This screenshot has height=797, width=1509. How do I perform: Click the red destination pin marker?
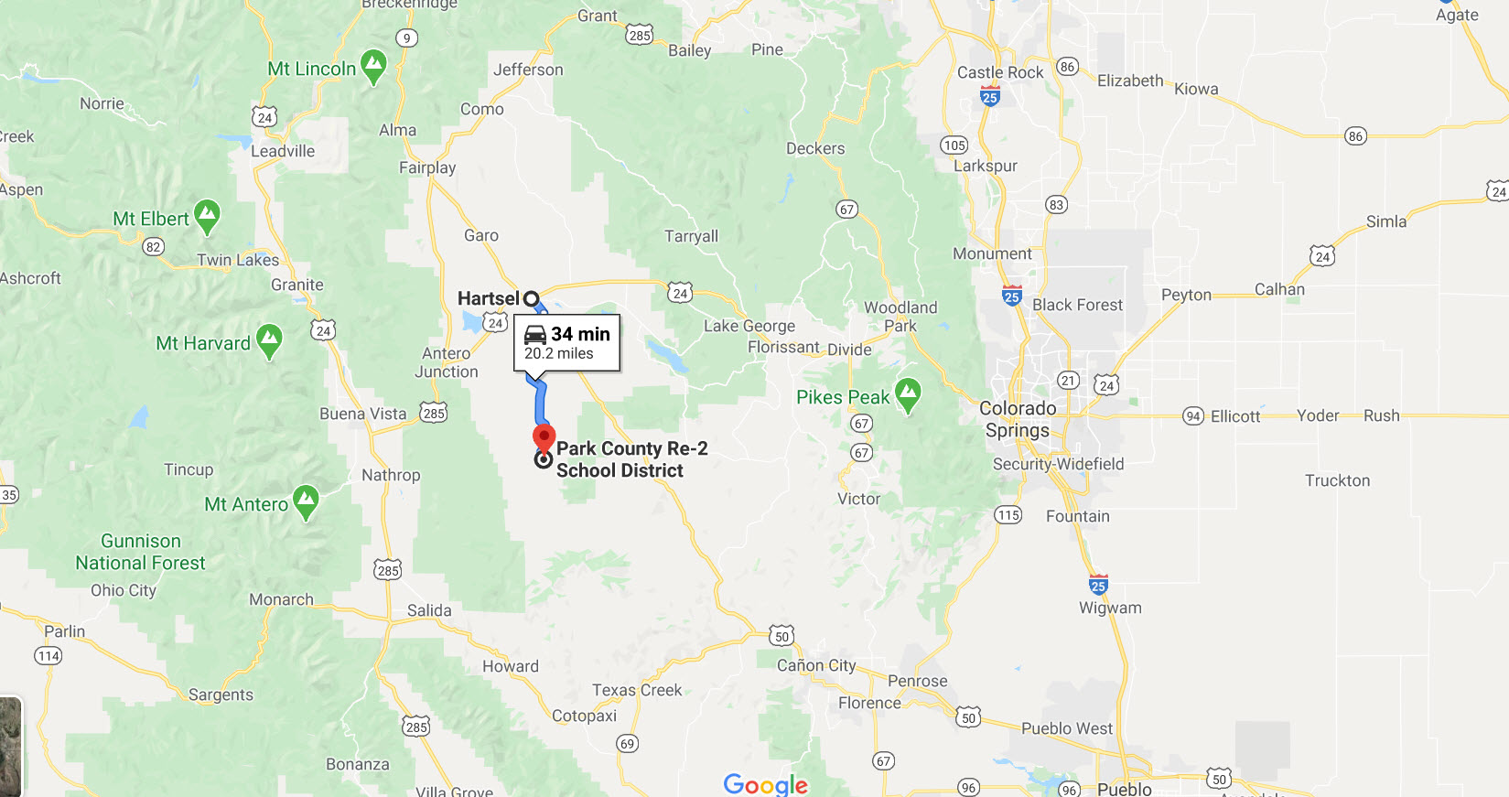[x=544, y=437]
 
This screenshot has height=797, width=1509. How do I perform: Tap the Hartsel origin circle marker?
[x=531, y=298]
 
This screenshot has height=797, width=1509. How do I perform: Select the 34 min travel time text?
[x=580, y=334]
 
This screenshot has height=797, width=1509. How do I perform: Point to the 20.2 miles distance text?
[x=558, y=354]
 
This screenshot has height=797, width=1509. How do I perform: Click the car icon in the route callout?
[x=535, y=335]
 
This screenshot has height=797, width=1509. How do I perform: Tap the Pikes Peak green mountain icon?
[x=907, y=393]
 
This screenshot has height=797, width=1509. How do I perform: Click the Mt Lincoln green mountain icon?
[x=372, y=65]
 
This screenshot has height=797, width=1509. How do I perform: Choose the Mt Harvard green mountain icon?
[x=269, y=340]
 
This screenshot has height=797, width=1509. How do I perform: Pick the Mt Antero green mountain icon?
[x=306, y=501]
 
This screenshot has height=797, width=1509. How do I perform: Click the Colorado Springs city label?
[x=1018, y=419]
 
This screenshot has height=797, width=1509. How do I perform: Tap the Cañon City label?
[x=816, y=665]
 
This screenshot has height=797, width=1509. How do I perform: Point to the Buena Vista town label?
[x=362, y=414]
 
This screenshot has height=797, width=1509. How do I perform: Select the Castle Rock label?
[x=999, y=72]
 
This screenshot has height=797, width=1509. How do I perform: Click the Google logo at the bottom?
[x=765, y=784]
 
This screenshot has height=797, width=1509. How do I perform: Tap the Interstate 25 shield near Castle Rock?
[x=989, y=96]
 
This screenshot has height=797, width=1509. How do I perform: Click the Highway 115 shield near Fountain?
[x=1008, y=515]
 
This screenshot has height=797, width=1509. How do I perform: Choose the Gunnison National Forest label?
[x=140, y=552]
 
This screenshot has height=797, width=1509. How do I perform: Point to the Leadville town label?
[x=283, y=151]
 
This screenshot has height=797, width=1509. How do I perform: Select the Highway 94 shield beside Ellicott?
[x=1193, y=416]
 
